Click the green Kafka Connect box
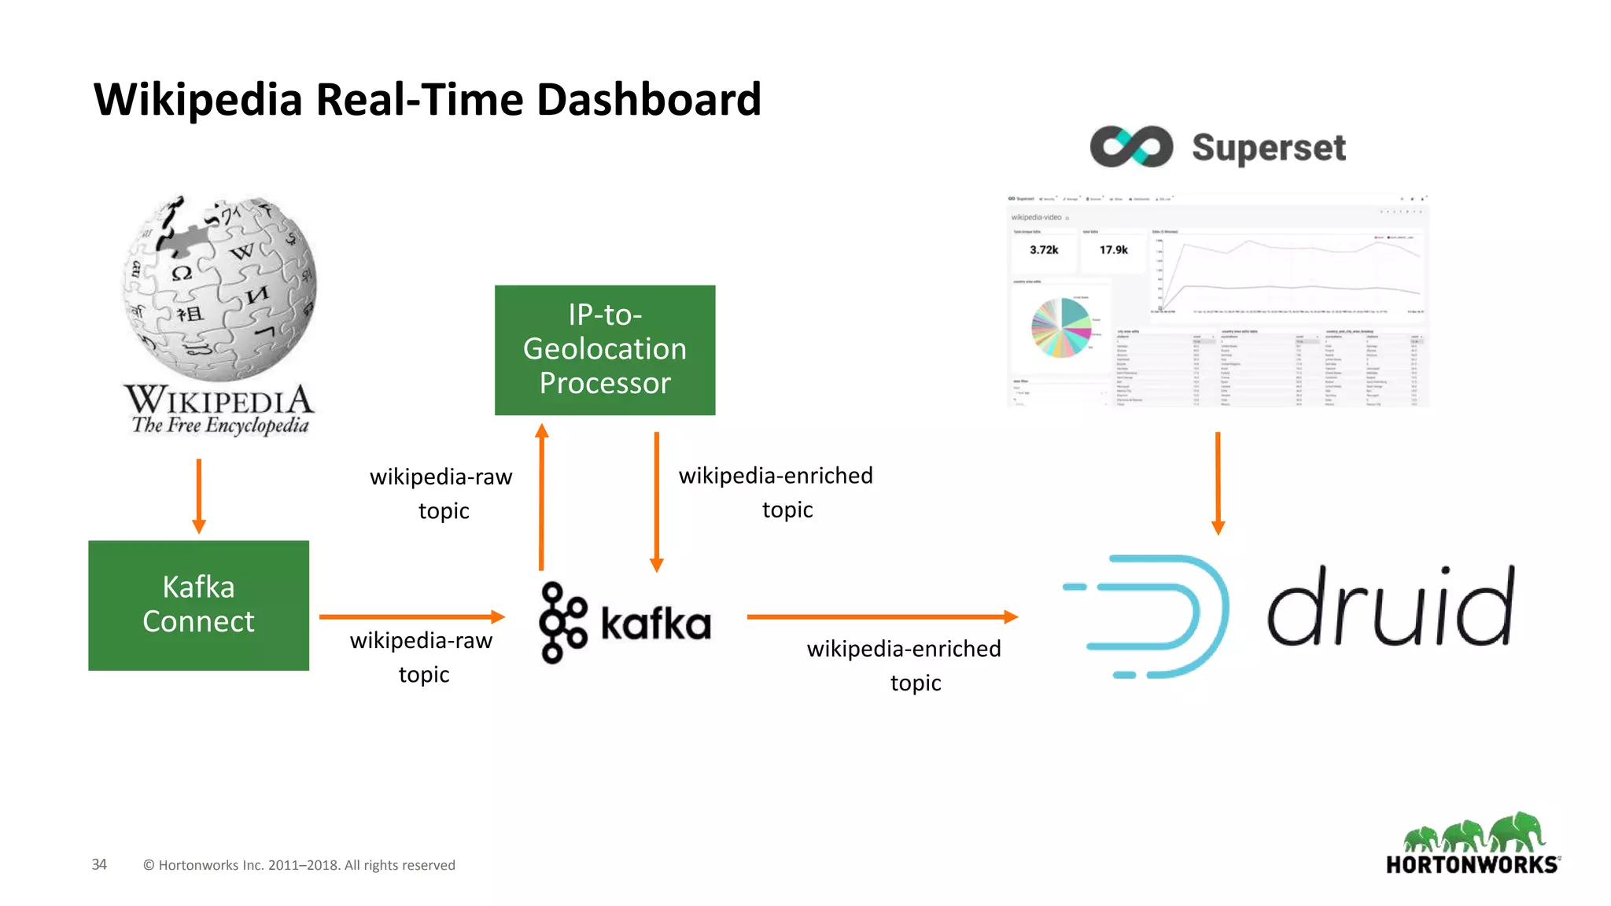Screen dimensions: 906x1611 [x=198, y=605]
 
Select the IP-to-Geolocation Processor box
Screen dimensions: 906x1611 [x=604, y=350]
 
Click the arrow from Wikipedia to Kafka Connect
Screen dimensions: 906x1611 [x=199, y=496]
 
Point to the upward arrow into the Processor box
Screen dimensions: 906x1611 [x=541, y=496]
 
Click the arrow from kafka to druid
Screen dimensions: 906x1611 [x=882, y=617]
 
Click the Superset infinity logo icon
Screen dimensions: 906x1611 [x=1131, y=147]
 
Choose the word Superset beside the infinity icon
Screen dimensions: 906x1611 [x=1269, y=148]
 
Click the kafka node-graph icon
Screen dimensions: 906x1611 [x=562, y=622]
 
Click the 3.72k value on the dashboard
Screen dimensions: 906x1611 [x=1044, y=250]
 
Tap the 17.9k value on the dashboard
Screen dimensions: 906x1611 [x=1113, y=250]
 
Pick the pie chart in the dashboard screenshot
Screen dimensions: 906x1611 [x=1061, y=328]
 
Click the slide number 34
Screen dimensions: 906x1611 [x=99, y=864]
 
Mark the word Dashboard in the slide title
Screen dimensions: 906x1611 [x=649, y=100]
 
